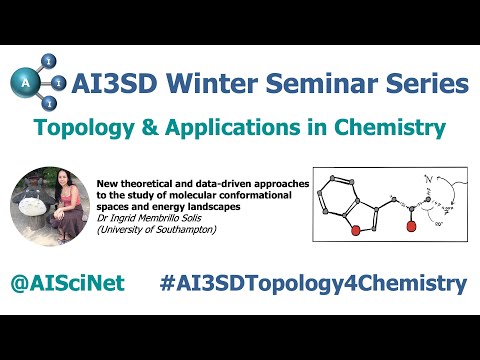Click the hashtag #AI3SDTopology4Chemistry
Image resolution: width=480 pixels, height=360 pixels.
[312, 283]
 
